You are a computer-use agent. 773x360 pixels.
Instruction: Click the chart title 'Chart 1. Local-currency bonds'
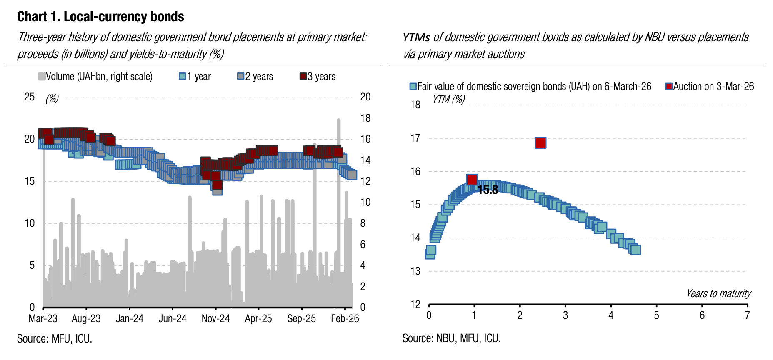pos(100,17)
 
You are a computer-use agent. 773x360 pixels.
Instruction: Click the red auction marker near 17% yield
pos(540,143)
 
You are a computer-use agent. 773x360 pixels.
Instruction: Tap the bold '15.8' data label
pos(488,190)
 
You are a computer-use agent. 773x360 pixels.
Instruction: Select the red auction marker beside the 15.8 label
pos(472,180)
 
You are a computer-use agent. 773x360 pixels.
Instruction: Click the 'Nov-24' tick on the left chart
pos(215,319)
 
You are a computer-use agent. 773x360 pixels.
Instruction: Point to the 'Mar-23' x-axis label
pos(43,319)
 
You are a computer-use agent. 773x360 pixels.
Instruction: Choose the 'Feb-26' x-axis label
pos(345,319)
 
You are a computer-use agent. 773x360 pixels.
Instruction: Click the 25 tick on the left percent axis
pos(30,97)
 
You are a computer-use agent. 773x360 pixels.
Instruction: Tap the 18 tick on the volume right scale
pos(365,118)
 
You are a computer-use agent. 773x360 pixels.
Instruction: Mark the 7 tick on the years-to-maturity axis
pos(747,315)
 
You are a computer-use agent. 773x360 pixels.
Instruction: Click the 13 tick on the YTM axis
pos(415,271)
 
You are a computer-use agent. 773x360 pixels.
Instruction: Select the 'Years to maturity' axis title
pos(718,294)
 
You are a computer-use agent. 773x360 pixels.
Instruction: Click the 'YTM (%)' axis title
pos(448,100)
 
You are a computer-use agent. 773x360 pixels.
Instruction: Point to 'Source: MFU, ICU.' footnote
pos(55,339)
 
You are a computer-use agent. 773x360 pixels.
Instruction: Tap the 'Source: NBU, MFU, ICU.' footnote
pos(451,338)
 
